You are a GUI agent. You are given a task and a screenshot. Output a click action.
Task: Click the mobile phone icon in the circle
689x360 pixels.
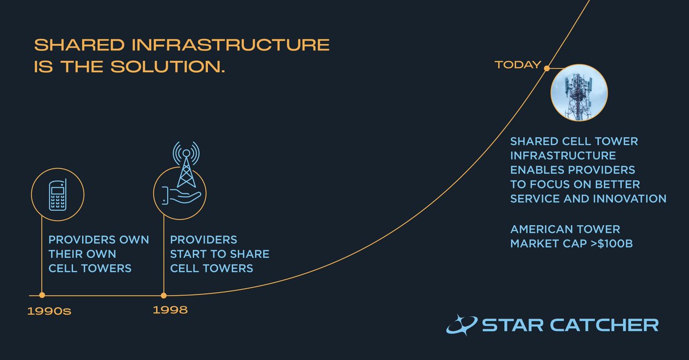click(57, 193)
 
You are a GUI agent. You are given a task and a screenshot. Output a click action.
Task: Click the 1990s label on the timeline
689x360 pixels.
click(52, 312)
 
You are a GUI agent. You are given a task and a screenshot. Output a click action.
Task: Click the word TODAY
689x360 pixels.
click(518, 64)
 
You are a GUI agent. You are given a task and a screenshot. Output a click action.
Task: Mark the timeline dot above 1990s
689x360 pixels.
click(42, 295)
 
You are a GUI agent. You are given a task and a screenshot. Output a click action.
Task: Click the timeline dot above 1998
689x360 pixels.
click(164, 295)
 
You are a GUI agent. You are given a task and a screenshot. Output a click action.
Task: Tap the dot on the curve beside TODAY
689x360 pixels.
click(547, 68)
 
